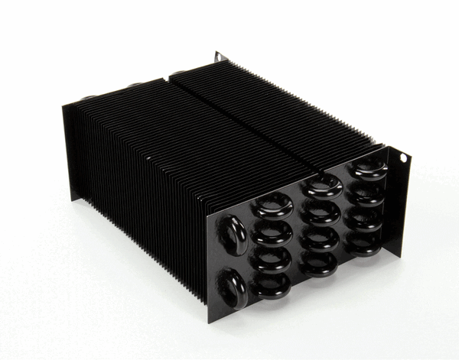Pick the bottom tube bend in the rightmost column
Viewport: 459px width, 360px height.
point(362,242)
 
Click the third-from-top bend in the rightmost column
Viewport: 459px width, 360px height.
point(364,219)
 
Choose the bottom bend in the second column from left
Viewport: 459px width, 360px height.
point(272,285)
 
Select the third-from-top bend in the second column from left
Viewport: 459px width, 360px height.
point(272,259)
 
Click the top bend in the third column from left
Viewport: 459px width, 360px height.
point(324,186)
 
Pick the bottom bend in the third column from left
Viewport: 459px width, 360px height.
point(320,262)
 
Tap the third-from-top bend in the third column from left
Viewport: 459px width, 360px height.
point(321,238)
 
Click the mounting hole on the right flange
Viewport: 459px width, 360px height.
point(404,157)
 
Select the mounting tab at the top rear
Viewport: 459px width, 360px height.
point(220,57)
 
